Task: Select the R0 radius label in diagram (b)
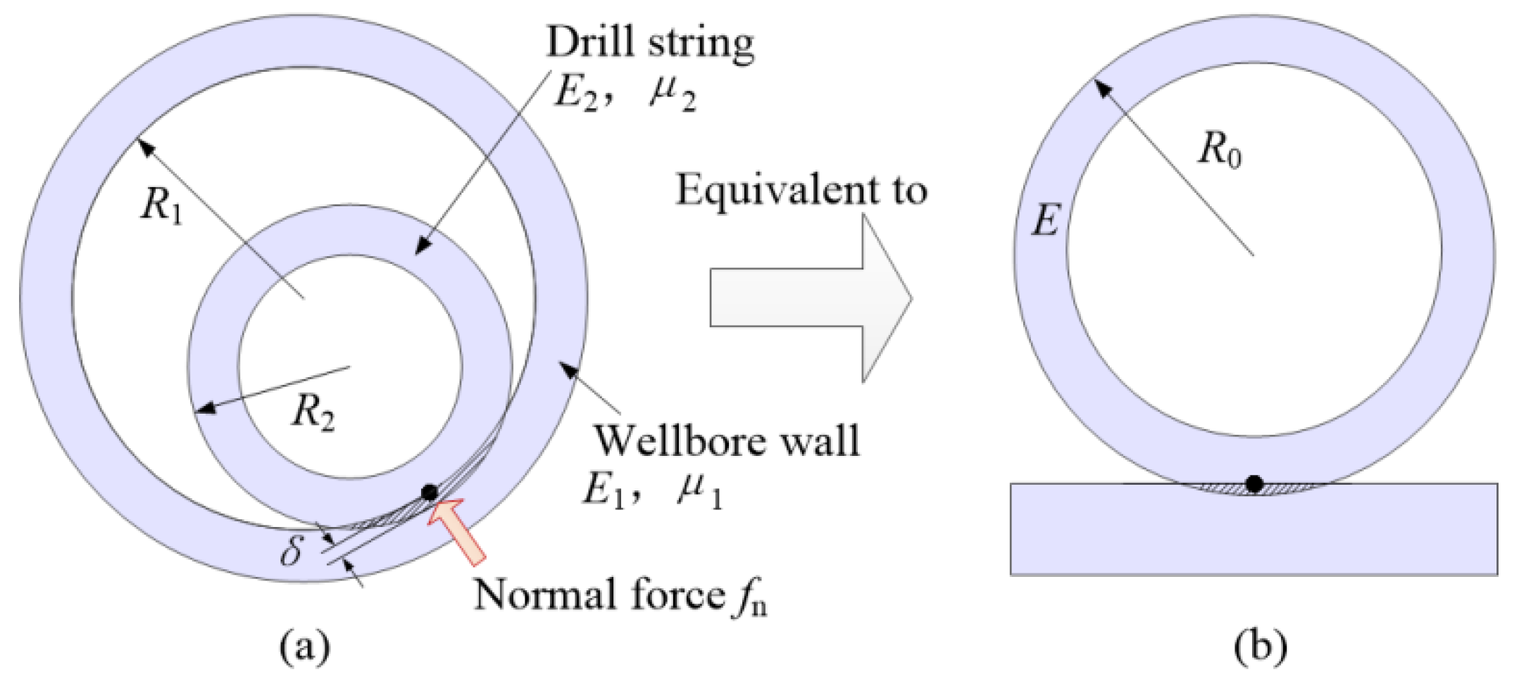pyautogui.click(x=1220, y=151)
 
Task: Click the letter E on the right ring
pyautogui.click(x=1045, y=221)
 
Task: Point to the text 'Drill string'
pyautogui.click(x=649, y=42)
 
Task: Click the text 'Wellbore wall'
pyautogui.click(x=727, y=441)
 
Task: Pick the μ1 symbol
pyautogui.click(x=699, y=490)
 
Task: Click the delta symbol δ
pyautogui.click(x=292, y=551)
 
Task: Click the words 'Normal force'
pyautogui.click(x=599, y=595)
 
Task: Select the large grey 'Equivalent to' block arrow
pyautogui.click(x=810, y=298)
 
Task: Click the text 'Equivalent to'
pyautogui.click(x=801, y=191)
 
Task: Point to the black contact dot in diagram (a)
pyautogui.click(x=429, y=493)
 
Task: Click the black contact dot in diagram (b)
pyautogui.click(x=1254, y=484)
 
